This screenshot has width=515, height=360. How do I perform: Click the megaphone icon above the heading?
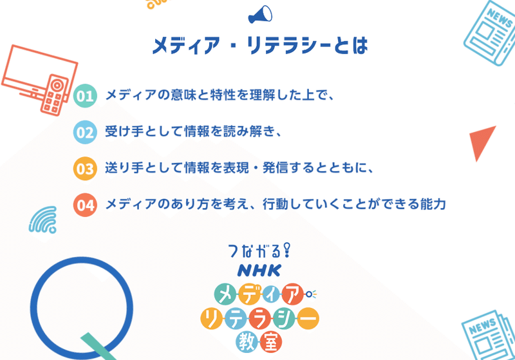click(260, 15)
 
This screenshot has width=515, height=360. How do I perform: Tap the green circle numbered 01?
click(85, 96)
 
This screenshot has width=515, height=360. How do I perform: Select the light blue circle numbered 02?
click(85, 133)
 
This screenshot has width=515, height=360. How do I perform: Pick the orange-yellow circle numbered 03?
click(85, 169)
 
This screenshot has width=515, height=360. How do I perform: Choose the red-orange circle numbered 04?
click(85, 205)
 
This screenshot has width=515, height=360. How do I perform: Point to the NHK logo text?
click(259, 270)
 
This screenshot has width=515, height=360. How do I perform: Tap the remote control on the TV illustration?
click(54, 95)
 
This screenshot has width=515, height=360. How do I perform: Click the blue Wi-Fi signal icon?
click(43, 220)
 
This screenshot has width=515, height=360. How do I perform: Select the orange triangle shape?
click(482, 141)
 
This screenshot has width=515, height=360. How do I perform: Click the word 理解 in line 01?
click(263, 95)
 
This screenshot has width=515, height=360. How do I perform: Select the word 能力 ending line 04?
click(433, 204)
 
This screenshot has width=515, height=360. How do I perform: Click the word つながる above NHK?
click(255, 251)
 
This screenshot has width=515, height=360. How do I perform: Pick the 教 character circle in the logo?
click(247, 342)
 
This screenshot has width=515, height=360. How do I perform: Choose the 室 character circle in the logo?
click(271, 342)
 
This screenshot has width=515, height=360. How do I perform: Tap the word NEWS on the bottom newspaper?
click(482, 327)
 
